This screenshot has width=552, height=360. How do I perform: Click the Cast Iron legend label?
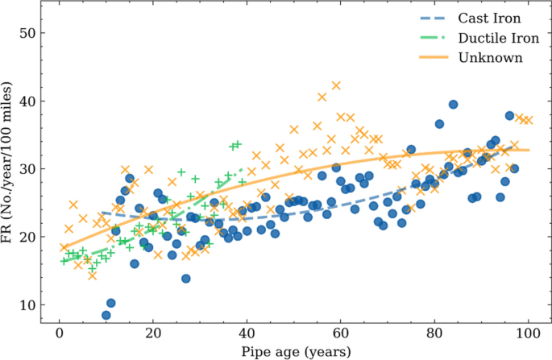[x=489, y=18]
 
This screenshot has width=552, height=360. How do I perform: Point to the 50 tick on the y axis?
[x=29, y=34]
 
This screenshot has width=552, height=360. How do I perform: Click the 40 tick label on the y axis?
[x=29, y=101]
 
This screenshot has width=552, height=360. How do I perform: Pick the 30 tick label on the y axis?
[x=29, y=169]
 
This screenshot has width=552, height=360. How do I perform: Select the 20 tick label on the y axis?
[x=29, y=237]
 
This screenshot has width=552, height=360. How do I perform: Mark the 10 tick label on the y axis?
[x=29, y=304]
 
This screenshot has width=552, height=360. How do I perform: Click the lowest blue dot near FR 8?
[x=106, y=315]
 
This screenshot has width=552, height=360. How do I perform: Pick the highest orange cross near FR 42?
[x=336, y=85]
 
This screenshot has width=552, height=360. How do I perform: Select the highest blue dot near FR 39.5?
[x=454, y=105]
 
